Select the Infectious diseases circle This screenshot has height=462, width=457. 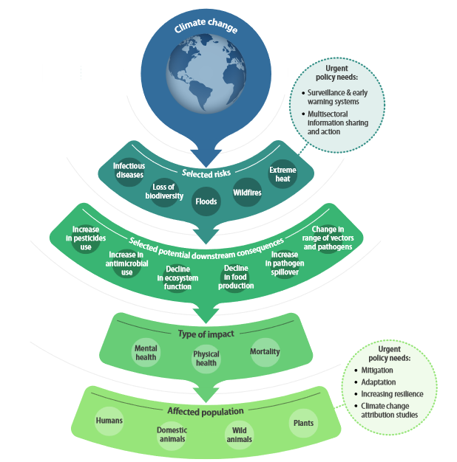pos(129,170)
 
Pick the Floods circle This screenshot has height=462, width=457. pos(206,200)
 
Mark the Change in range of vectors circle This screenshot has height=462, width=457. pos(327,238)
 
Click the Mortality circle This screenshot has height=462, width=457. pos(265,352)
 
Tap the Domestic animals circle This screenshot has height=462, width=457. pos(172,434)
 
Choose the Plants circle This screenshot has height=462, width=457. pos(302,423)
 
